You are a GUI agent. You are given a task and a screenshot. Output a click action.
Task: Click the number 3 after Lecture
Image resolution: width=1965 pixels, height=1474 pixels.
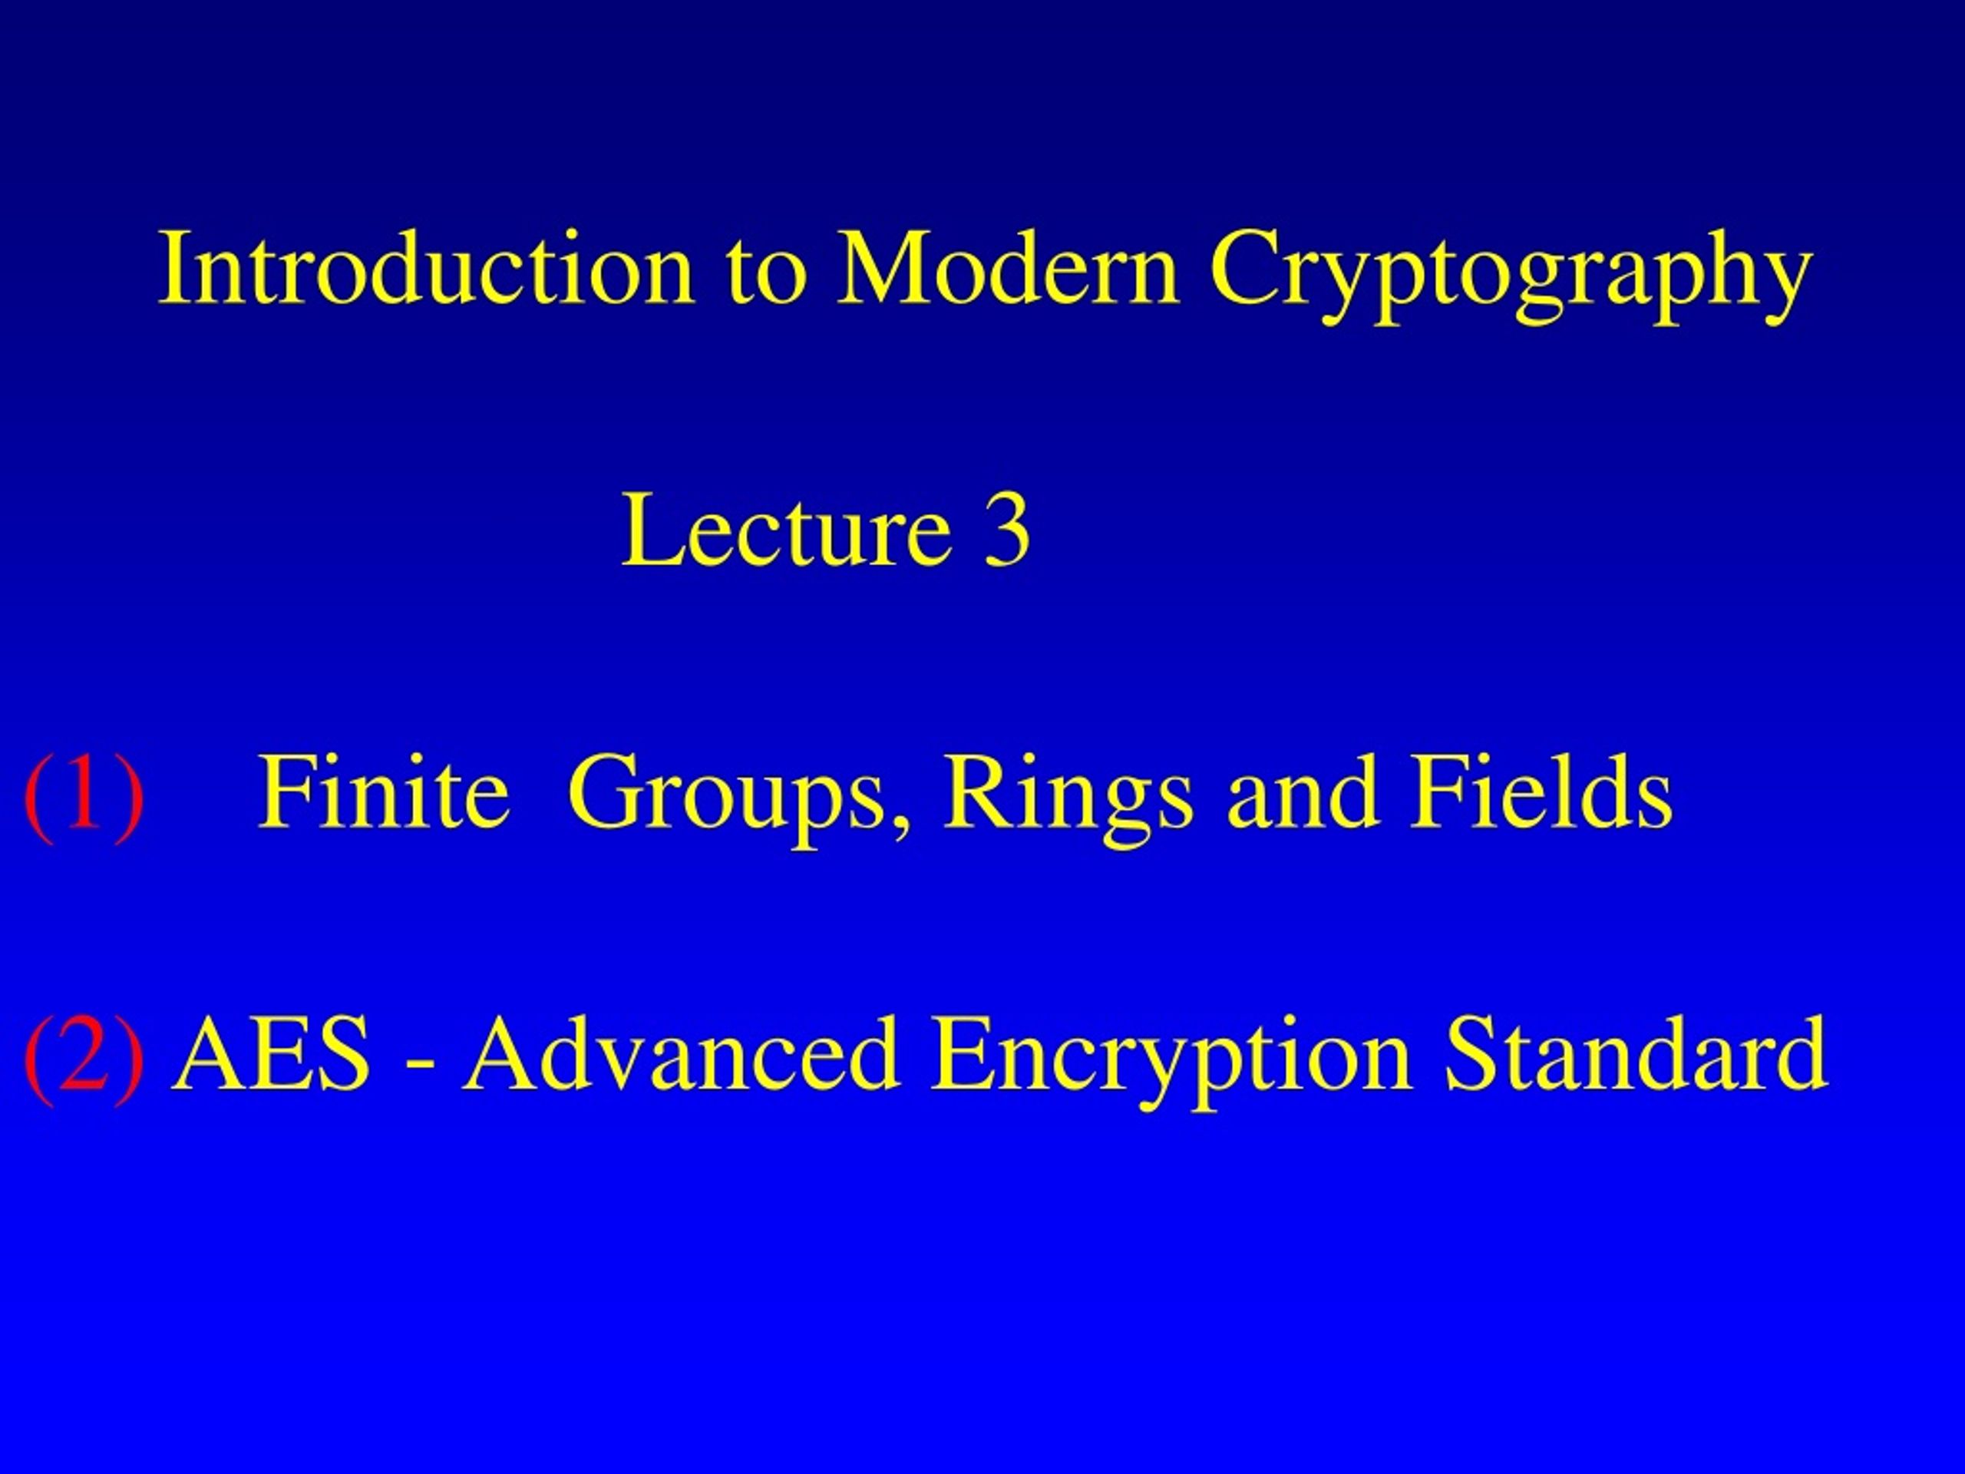pos(1006,530)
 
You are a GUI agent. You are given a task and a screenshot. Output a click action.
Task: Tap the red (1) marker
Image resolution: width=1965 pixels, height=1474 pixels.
pos(84,793)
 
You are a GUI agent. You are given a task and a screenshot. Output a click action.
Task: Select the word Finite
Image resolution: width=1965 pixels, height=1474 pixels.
pos(383,791)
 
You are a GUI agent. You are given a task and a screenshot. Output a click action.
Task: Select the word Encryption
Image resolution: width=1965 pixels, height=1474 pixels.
pos(1171,1062)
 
